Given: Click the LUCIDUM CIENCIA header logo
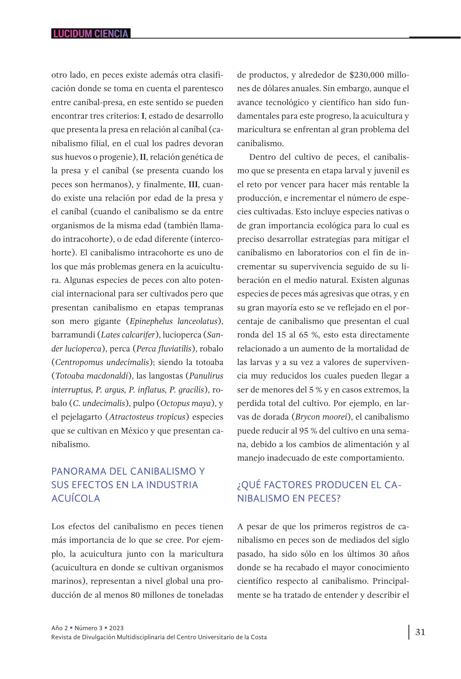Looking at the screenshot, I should pyautogui.click(x=91, y=34).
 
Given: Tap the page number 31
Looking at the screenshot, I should pyautogui.click(x=420, y=632).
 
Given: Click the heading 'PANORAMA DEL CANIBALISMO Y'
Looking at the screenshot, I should pyautogui.click(x=128, y=471).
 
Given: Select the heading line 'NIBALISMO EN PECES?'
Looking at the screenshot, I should pyautogui.click(x=289, y=498).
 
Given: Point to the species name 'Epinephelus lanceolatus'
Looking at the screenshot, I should pyautogui.click(x=173, y=321).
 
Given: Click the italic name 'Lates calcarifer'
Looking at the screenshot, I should pyautogui.click(x=128, y=335).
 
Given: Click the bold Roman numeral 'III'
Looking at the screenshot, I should pyautogui.click(x=193, y=184).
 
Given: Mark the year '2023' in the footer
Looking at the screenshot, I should pyautogui.click(x=117, y=628).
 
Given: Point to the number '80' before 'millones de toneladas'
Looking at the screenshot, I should pyautogui.click(x=135, y=595).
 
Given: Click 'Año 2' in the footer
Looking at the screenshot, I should pyautogui.click(x=60, y=628).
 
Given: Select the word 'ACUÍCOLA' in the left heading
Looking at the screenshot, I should pyautogui.click(x=76, y=498).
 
